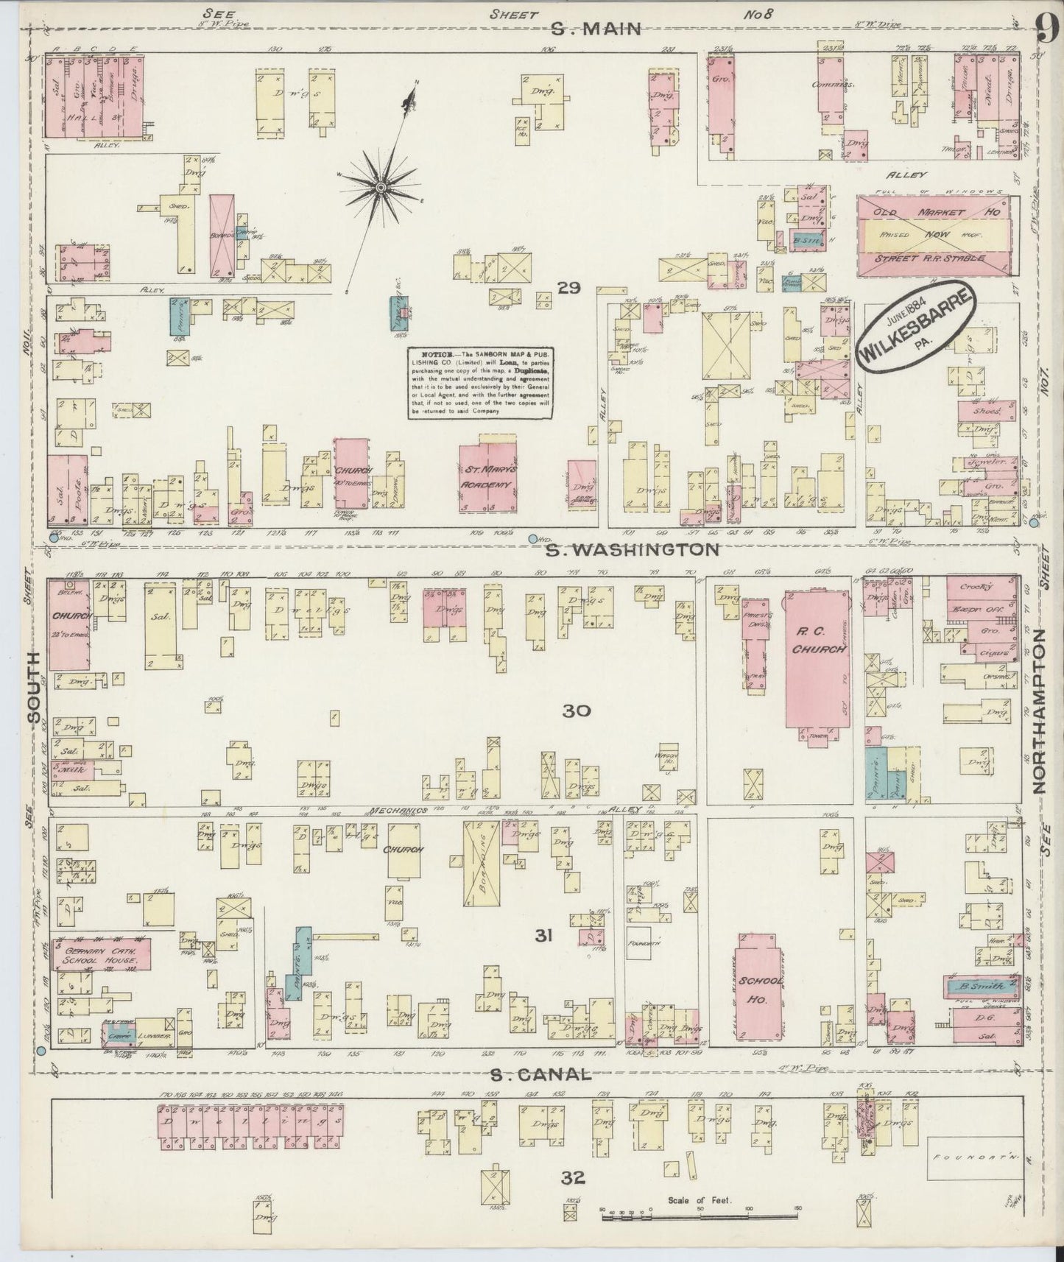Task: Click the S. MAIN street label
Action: point(596,29)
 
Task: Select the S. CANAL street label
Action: point(541,1074)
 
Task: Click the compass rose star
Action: point(381,189)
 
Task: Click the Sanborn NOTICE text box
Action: point(480,383)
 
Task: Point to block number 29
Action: point(568,288)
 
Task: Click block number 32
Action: point(573,1178)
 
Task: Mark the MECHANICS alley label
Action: point(399,811)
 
